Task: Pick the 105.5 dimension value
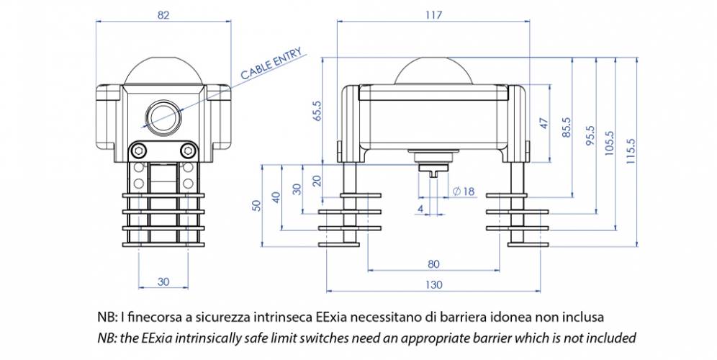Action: point(610,142)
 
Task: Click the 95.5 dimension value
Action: point(590,135)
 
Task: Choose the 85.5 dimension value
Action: point(566,127)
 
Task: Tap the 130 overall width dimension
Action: point(433,284)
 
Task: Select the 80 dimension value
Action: point(433,263)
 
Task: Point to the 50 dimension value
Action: point(256,205)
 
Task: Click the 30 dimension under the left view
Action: point(164,282)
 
